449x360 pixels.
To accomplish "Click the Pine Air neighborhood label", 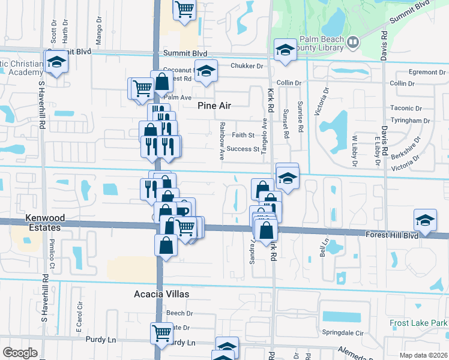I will [214, 106].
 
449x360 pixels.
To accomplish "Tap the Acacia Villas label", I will [161, 294].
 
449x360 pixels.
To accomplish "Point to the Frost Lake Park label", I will [418, 323].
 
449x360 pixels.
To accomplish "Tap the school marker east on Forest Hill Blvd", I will [425, 220].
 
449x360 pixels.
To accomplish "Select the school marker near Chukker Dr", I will [206, 71].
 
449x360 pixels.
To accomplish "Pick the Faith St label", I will [243, 135].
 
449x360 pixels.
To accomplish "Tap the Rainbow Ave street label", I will [221, 140].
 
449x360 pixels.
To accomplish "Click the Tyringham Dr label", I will [410, 121].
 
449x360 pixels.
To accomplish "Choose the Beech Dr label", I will [179, 313].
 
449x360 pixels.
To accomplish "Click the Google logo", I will [19, 353].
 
